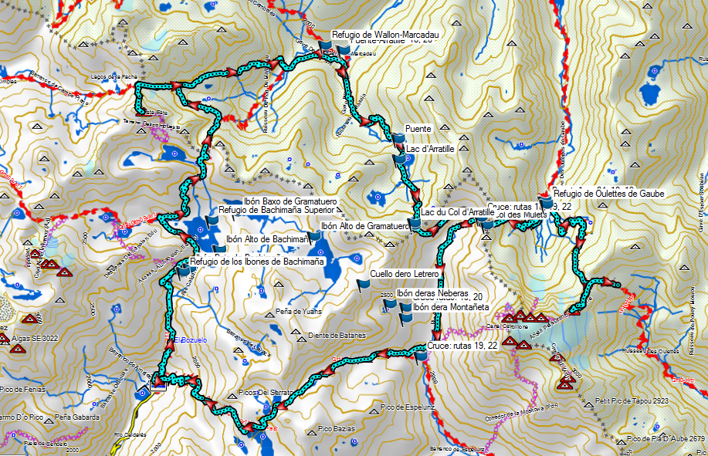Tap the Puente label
pos(417,129)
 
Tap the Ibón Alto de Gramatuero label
pos(364,227)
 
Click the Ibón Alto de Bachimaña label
pos(268,240)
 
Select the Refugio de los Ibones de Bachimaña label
pos(257,262)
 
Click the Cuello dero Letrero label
pos(405,274)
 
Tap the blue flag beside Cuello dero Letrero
pos(364,284)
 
